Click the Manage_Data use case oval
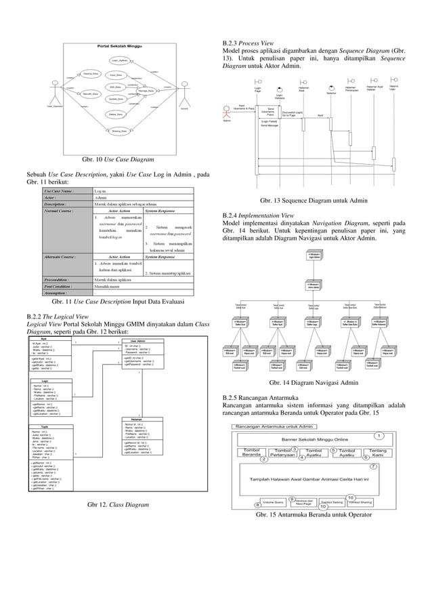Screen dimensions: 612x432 (146, 90)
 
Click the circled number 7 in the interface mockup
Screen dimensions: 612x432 (373, 467)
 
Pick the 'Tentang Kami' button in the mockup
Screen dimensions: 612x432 (379, 451)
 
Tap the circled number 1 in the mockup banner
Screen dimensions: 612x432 (380, 435)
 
